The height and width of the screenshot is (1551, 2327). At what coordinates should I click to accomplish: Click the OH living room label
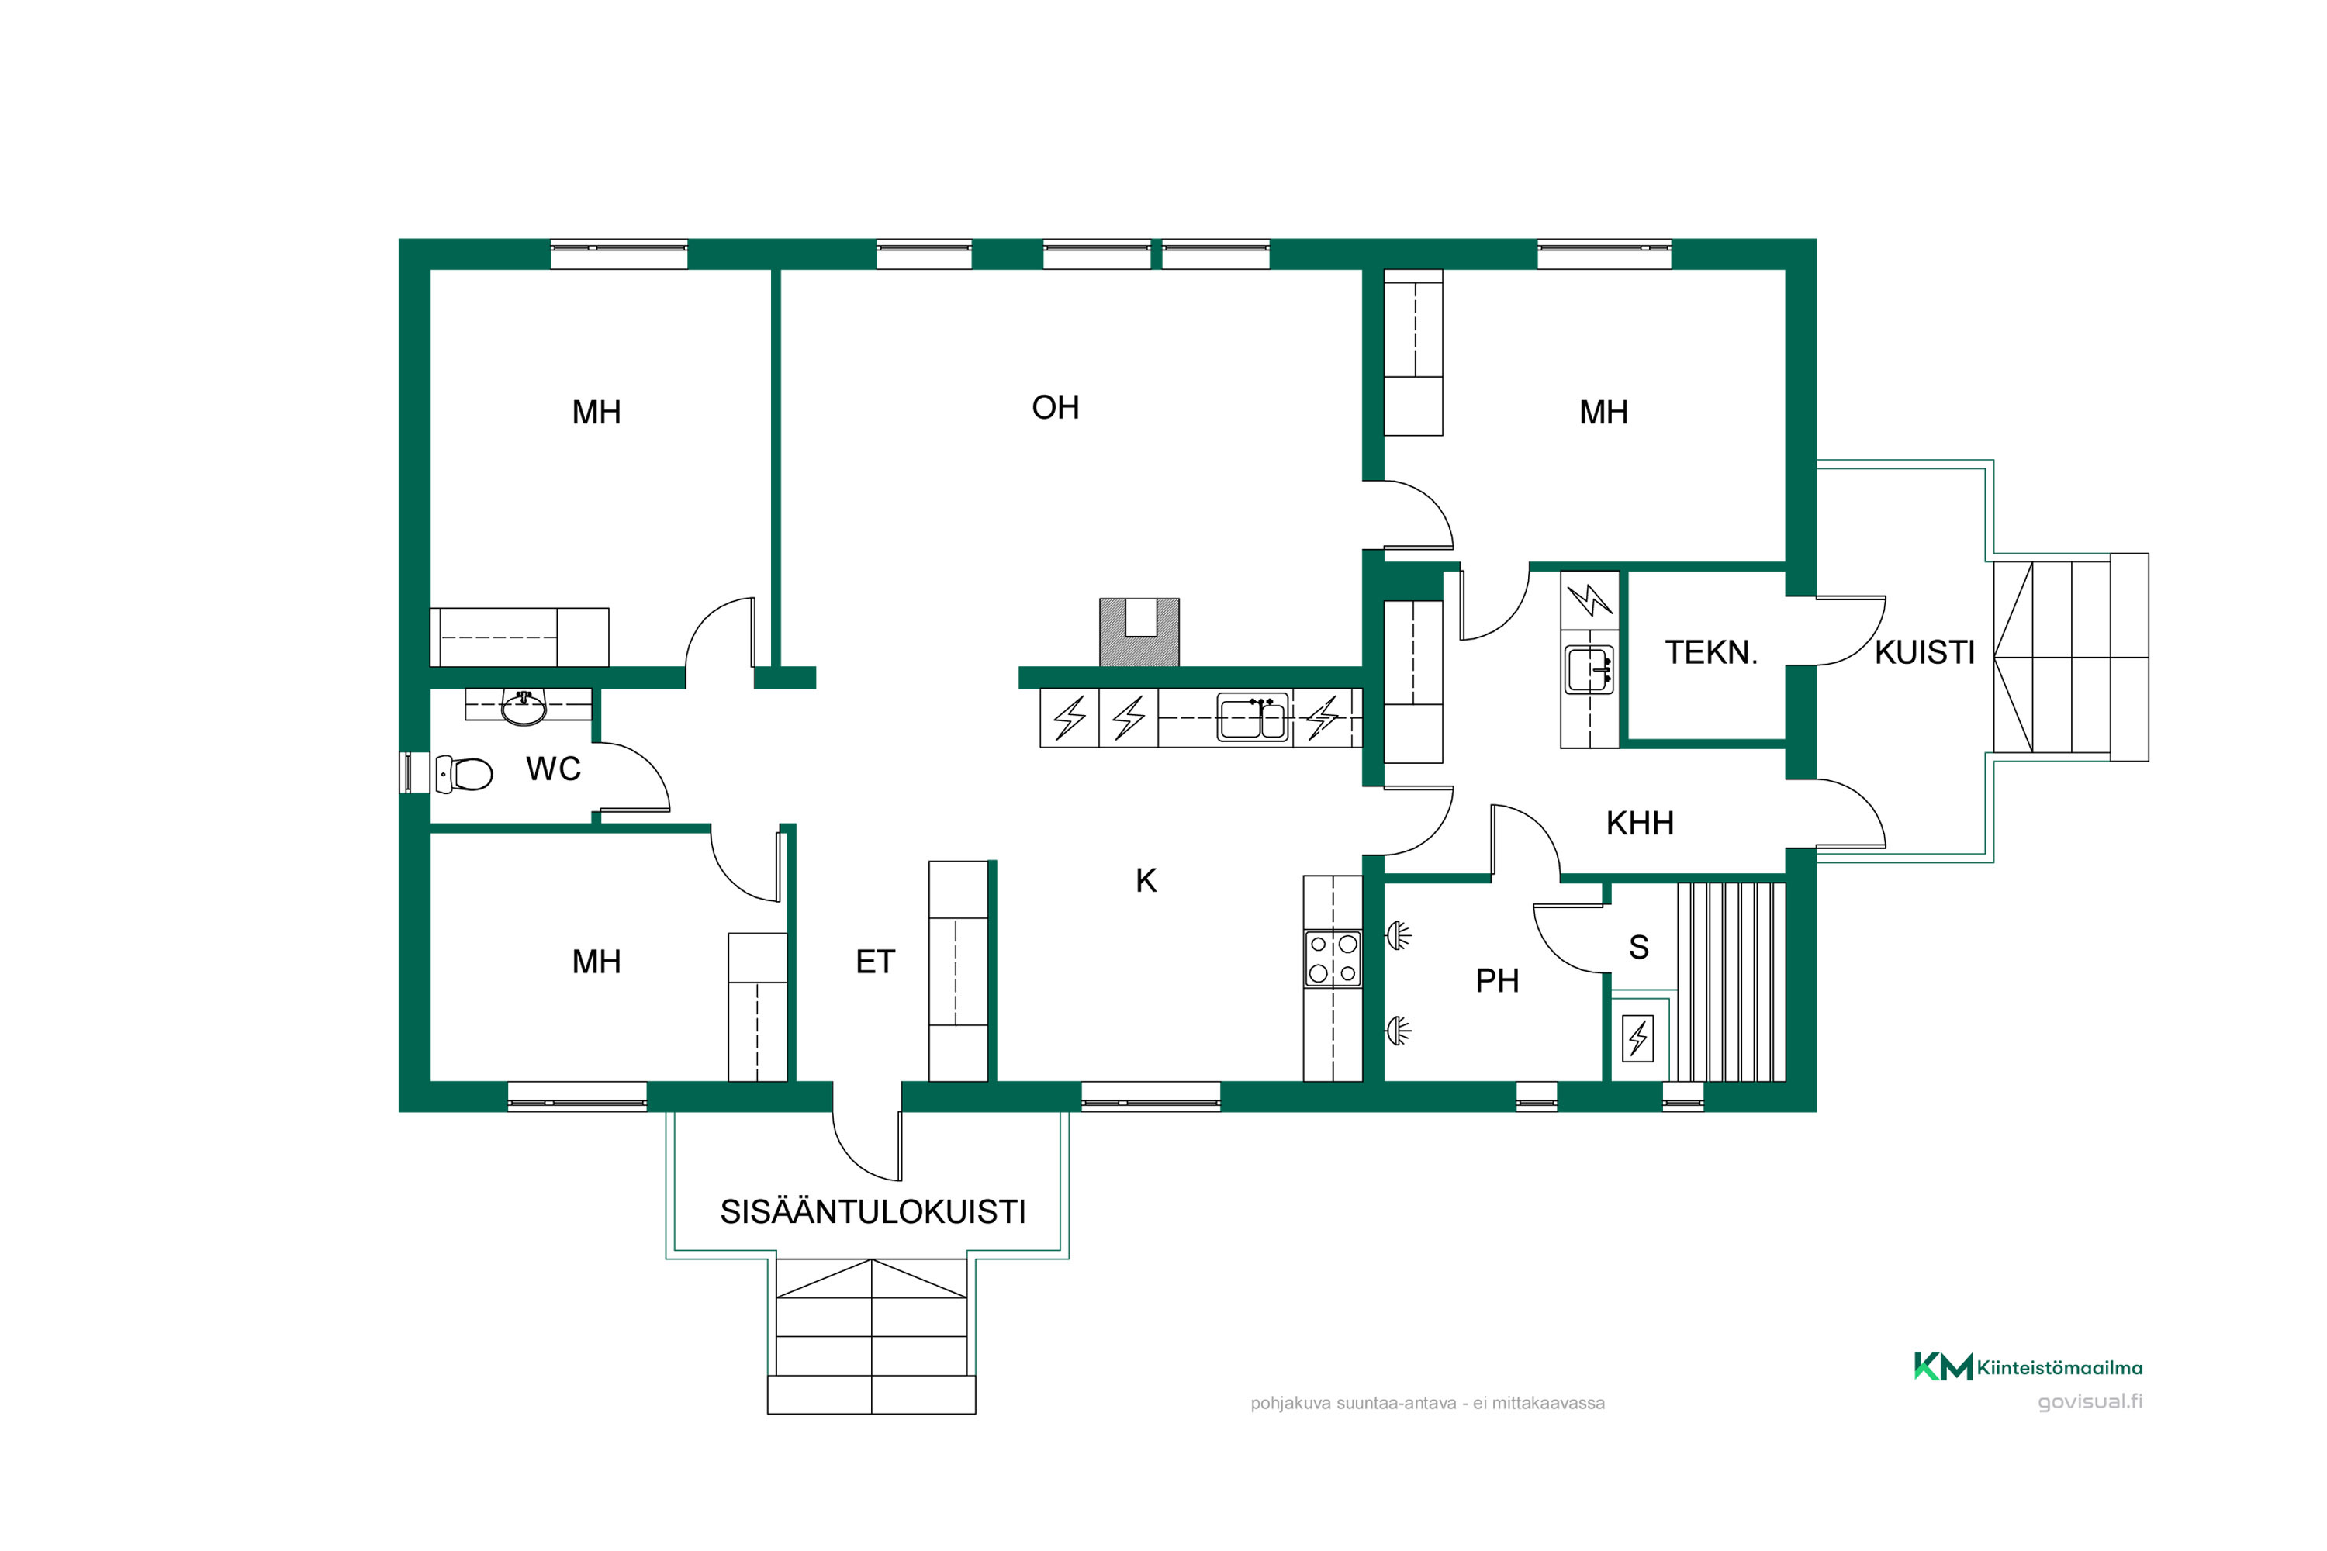1055,408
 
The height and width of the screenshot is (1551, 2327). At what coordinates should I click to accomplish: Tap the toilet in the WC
464,773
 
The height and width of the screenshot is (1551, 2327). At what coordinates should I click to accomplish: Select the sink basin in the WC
524,707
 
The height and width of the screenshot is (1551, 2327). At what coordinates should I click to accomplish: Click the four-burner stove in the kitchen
1333,959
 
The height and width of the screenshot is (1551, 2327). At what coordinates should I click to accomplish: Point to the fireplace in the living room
1139,632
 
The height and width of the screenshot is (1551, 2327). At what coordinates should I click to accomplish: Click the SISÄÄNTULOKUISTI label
873,1211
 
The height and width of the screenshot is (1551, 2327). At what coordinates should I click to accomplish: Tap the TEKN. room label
1710,653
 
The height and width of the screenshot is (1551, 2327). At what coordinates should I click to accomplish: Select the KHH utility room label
1640,823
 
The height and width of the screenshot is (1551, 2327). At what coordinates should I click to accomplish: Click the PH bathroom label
1497,980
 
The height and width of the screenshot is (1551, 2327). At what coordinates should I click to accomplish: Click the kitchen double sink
1253,717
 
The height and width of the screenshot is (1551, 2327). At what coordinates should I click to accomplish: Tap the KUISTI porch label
1924,653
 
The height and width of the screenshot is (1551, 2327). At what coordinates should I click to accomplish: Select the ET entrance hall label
875,962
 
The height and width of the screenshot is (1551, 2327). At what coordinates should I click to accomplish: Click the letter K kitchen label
1146,880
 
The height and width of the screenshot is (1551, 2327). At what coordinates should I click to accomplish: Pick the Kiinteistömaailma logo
2028,1367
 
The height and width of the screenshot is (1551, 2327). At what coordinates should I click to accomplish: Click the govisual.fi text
2090,1401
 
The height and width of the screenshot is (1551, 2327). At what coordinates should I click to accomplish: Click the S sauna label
1638,947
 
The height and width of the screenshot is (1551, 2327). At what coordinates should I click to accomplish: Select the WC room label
553,769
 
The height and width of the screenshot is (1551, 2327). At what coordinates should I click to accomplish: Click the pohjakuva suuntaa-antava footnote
1428,1403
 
